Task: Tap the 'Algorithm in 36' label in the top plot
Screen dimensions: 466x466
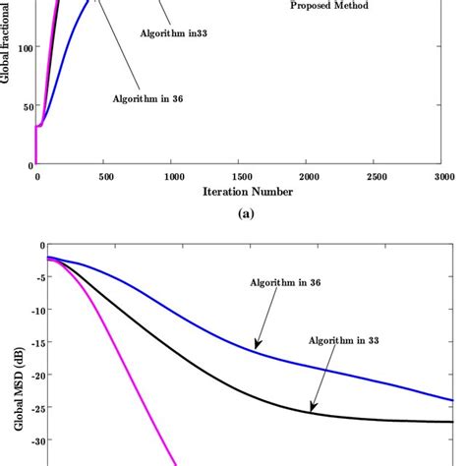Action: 148,98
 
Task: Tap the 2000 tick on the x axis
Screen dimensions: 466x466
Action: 312,177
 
